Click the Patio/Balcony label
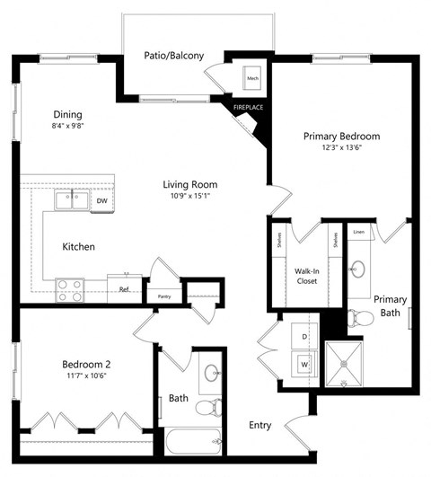tap(173, 56)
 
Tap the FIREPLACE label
tap(248, 108)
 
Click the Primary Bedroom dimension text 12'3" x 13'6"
tap(341, 150)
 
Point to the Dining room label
tap(67, 115)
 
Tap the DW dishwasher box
tap(102, 201)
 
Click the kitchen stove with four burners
tap(70, 289)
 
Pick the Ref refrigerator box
tap(122, 288)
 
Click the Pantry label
tap(163, 296)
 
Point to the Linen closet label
tap(358, 232)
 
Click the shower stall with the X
tap(346, 364)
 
